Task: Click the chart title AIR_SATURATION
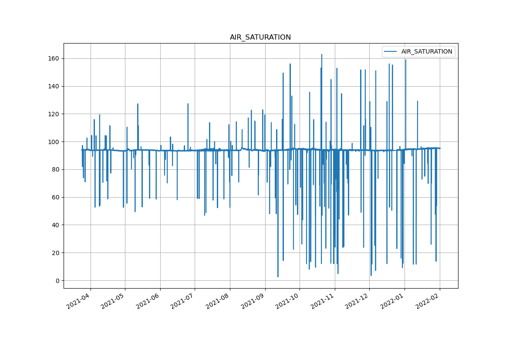[260, 37]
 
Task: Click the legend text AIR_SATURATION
[427, 51]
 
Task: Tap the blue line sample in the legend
[391, 51]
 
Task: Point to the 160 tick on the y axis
[54, 58]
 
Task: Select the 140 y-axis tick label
[54, 86]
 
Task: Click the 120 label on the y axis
[54, 114]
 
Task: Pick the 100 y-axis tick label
[54, 142]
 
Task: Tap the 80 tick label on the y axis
[56, 169]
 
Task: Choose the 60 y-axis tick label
[56, 197]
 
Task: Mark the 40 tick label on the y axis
[56, 225]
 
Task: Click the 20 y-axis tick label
[56, 253]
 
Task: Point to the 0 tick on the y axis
[57, 281]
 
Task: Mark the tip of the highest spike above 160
[322, 54]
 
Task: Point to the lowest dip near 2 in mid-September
[278, 277]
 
